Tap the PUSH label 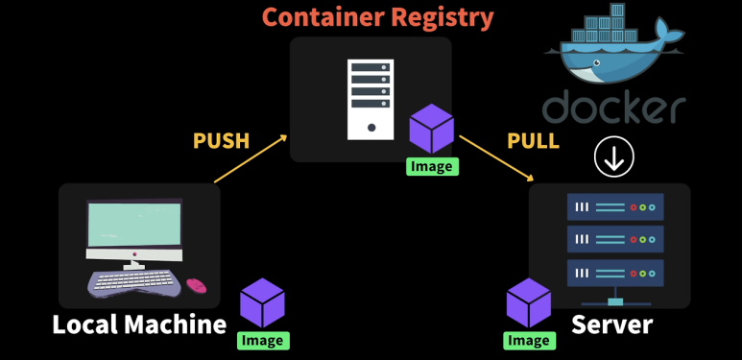click(221, 140)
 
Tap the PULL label click(534, 140)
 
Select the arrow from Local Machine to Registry click(251, 158)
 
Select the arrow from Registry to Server click(496, 158)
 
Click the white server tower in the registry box click(371, 99)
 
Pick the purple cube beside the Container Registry click(432, 129)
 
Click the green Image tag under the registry click(433, 166)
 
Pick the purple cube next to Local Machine click(263, 302)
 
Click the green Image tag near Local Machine click(263, 341)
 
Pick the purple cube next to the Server click(529, 302)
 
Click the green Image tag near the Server click(530, 341)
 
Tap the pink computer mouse click(197, 285)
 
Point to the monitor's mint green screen click(134, 225)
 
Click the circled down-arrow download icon click(614, 157)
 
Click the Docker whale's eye click(598, 62)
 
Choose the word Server click(611, 325)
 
